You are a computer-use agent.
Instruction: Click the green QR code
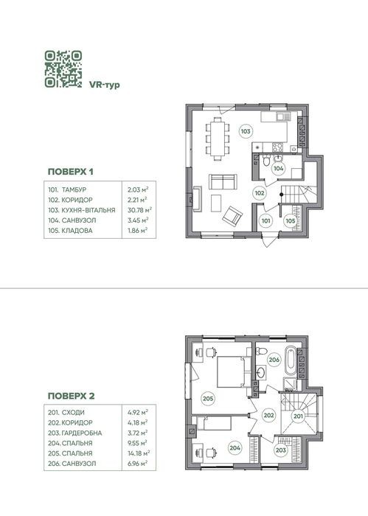[63, 69]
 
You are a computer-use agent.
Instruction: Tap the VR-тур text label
[104, 85]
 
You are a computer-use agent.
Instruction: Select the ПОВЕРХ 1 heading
[71, 172]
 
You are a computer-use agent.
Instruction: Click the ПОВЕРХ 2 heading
[71, 396]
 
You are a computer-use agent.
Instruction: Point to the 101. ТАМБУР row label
[67, 190]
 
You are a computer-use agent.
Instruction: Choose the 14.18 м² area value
[138, 453]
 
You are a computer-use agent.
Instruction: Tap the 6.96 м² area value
[137, 464]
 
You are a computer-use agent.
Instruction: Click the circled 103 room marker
[246, 132]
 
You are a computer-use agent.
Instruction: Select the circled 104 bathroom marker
[279, 169]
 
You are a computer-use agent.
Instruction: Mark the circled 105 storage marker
[291, 221]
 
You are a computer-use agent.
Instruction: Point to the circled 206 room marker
[274, 360]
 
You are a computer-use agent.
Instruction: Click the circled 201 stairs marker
[298, 416]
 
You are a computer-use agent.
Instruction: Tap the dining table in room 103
[218, 139]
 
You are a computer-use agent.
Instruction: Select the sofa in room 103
[223, 181]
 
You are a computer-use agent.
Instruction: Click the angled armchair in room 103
[232, 216]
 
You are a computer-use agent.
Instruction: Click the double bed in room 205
[234, 372]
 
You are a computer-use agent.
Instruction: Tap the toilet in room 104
[267, 160]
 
